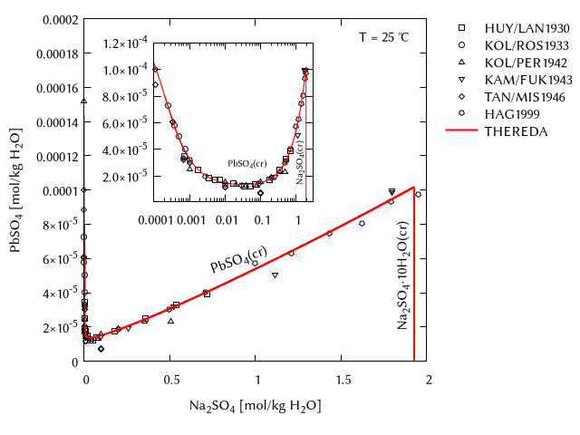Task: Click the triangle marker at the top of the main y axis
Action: click(84, 101)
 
